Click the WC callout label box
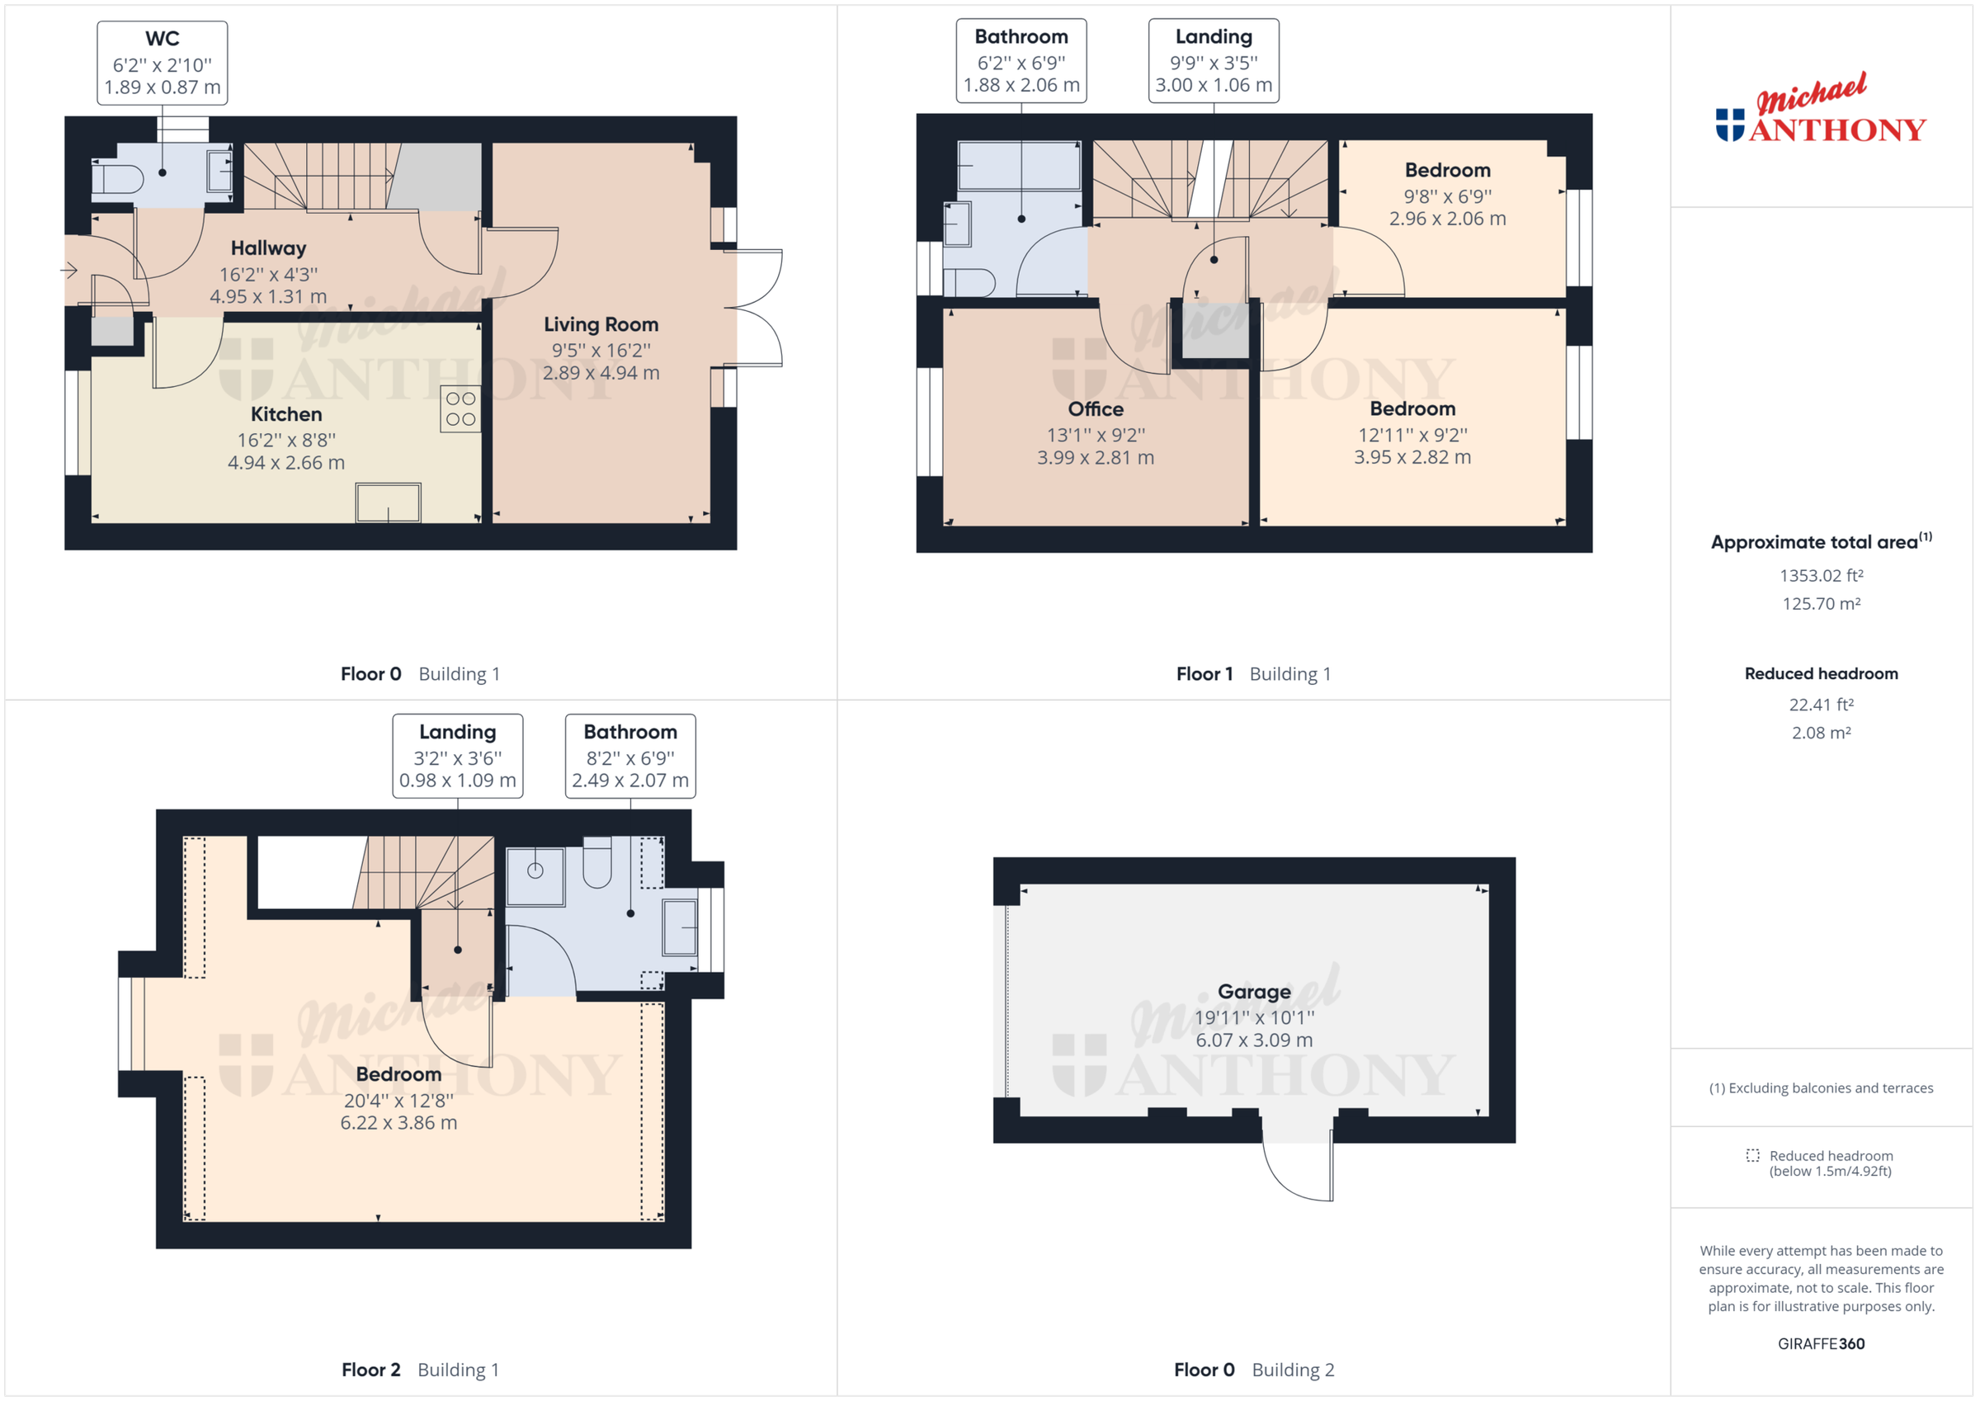point(163,63)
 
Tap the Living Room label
point(601,324)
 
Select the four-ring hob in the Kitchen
point(460,409)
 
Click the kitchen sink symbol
point(388,502)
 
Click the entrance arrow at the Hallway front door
point(69,271)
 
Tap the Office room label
point(1096,409)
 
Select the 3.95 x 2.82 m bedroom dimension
point(1412,457)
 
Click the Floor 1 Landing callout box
point(1213,61)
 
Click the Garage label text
point(1253,991)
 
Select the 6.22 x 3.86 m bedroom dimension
point(398,1122)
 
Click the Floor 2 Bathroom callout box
point(629,756)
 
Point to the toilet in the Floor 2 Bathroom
point(596,863)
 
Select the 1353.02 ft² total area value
point(1821,575)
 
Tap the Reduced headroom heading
point(1821,674)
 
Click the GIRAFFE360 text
point(1821,1343)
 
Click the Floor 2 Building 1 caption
point(420,1369)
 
